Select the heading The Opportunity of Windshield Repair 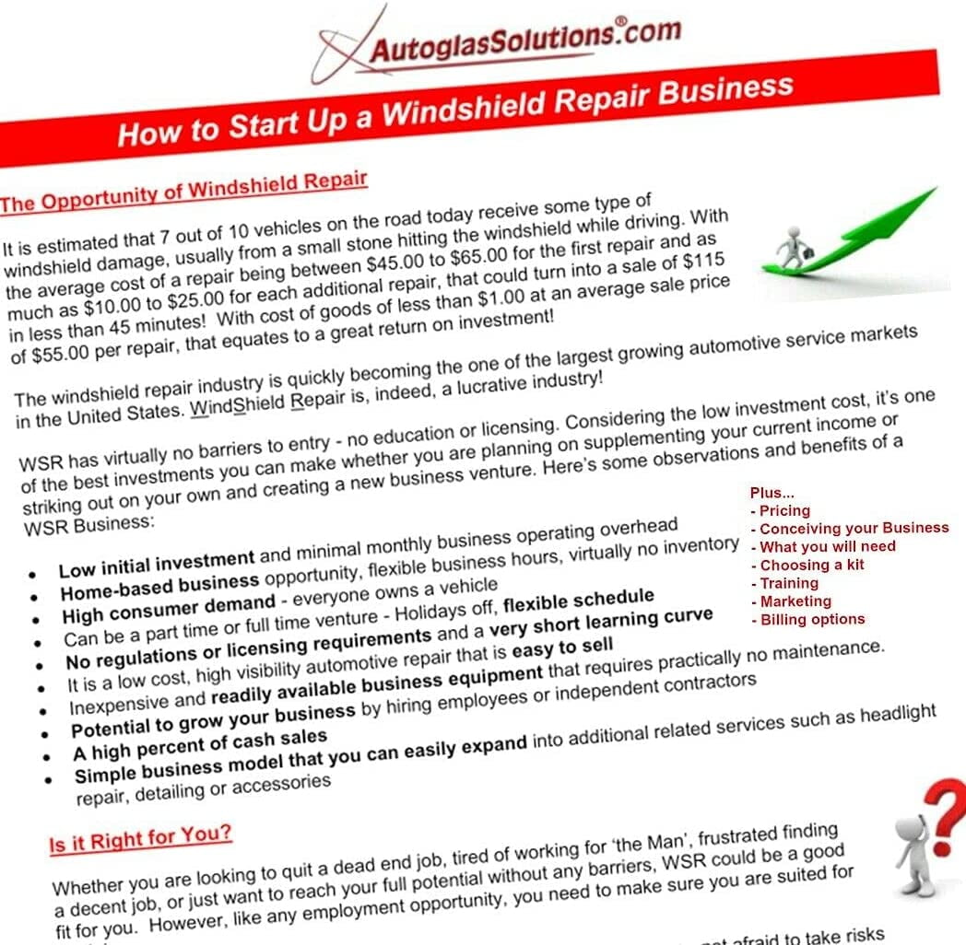(184, 189)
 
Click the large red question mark (944, 815)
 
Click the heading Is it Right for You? (140, 838)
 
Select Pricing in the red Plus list (784, 510)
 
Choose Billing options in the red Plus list (812, 619)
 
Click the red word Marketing (795, 601)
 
